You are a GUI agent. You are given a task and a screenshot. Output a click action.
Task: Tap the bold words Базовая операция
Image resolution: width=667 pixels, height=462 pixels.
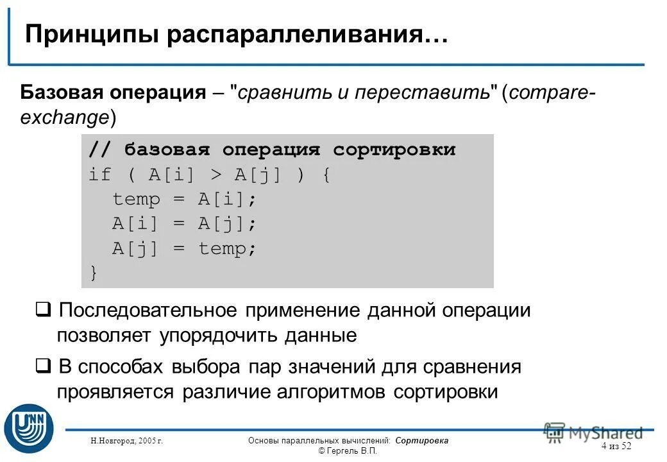point(113,92)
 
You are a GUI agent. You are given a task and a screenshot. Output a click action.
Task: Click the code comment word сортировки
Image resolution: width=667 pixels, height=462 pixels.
point(394,150)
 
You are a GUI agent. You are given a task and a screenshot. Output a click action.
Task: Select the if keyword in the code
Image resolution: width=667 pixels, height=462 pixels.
point(100,175)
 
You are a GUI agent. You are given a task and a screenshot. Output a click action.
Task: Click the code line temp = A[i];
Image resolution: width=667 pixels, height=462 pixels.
point(184,200)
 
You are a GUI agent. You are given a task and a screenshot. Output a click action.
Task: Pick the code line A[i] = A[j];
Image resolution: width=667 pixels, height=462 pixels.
point(184,224)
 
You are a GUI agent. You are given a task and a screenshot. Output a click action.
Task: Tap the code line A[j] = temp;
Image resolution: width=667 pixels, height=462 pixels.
point(184,248)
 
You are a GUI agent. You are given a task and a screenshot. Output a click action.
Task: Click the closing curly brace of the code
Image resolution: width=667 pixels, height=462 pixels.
point(94,273)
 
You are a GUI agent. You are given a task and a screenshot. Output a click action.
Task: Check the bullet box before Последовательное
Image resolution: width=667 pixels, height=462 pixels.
point(43,311)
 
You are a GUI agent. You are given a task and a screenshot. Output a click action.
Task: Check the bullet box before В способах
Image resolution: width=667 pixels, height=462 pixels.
point(43,368)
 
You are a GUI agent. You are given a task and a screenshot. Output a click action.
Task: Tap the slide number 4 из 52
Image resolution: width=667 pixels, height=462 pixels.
point(616,446)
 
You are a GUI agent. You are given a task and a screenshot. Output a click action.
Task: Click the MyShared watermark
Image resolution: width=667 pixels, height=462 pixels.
point(593,433)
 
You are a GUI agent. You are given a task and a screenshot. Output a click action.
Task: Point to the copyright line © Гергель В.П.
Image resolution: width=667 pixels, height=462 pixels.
point(348,451)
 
